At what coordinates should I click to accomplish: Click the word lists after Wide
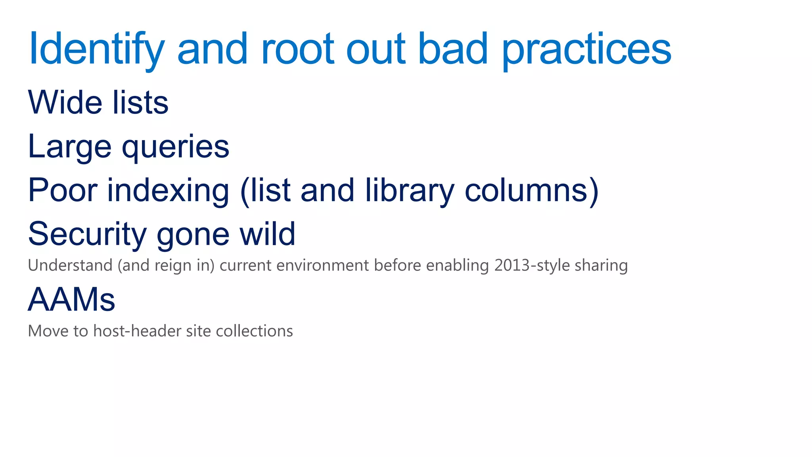(x=140, y=102)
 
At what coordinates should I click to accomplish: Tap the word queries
(x=175, y=148)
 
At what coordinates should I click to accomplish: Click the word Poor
(x=63, y=190)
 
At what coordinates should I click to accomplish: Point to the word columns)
(x=531, y=190)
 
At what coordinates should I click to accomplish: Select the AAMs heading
(x=71, y=300)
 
